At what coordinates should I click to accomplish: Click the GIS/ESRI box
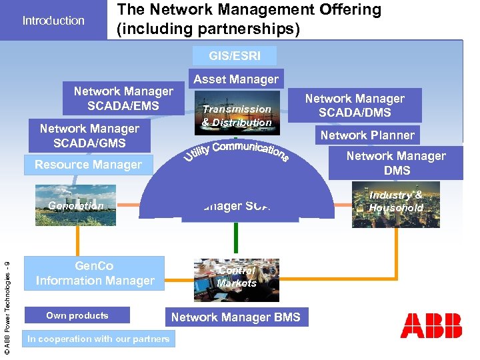coord(235,56)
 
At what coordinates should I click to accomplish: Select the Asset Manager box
coord(235,79)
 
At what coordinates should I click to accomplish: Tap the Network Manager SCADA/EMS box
coord(123,99)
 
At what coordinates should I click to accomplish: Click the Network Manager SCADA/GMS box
coord(89,135)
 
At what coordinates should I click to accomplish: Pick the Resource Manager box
coord(88,165)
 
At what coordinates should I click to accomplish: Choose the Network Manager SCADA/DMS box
coord(355,105)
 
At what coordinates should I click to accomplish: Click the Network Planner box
coord(367,135)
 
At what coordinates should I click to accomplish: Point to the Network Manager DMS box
coord(396,163)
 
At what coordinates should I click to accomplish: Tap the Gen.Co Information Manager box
coord(95,274)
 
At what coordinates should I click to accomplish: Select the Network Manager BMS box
coord(235,317)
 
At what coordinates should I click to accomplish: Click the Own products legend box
coord(77,315)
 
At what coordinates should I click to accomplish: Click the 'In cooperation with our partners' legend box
coord(98,339)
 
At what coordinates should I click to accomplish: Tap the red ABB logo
coord(431,325)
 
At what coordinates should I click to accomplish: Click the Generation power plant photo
coord(76,205)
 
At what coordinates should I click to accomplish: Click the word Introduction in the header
coord(53,21)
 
